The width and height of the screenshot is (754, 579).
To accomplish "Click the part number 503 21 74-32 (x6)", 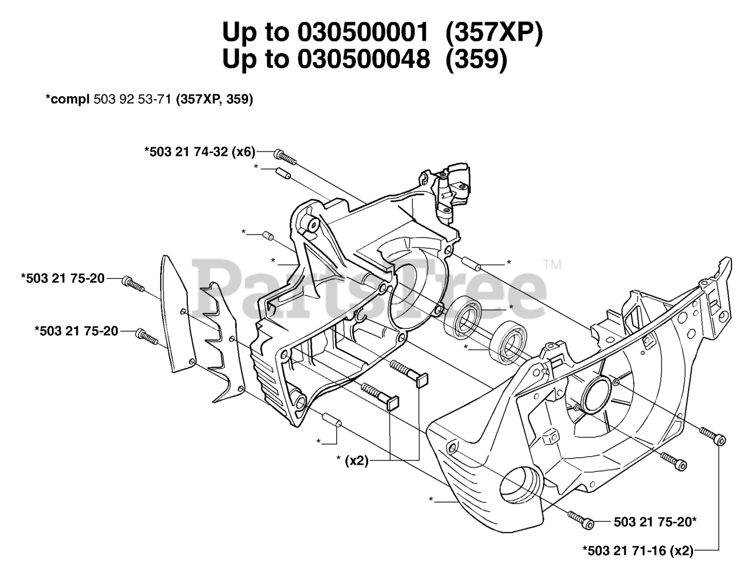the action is (200, 152).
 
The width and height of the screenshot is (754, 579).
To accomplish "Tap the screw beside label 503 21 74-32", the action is (284, 155).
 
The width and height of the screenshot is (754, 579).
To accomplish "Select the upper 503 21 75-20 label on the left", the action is (63, 278).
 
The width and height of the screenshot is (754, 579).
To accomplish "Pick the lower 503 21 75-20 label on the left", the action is (77, 331).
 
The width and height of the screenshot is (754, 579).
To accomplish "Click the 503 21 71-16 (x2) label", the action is (638, 551).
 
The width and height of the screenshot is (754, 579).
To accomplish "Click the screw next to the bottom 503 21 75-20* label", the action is (580, 518).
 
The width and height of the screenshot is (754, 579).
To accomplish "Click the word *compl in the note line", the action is (68, 100).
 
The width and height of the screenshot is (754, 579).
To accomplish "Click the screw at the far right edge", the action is (712, 436).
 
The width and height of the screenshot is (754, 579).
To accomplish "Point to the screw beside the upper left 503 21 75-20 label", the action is (133, 284).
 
